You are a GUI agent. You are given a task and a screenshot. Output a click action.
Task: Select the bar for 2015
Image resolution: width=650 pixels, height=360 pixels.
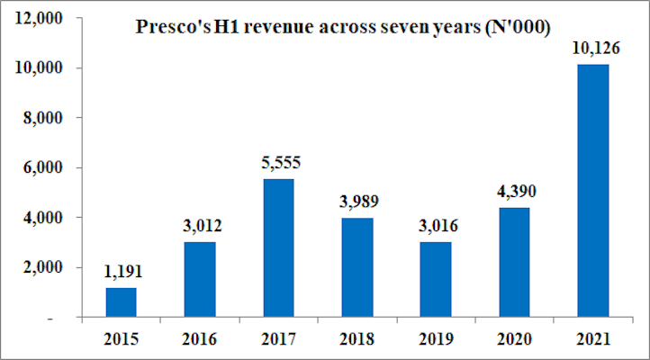[x=122, y=302]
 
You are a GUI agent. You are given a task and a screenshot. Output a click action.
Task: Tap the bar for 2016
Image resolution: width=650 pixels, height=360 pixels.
[x=200, y=280]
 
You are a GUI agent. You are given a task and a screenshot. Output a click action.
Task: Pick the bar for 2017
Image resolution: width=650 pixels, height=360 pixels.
[x=279, y=248]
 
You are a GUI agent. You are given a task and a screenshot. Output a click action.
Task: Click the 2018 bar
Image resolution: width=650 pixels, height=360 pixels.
[x=357, y=267]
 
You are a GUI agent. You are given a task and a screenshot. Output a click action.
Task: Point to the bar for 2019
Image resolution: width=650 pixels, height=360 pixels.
[x=436, y=280]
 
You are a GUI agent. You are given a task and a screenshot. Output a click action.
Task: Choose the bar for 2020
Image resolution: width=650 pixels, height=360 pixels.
[x=515, y=263]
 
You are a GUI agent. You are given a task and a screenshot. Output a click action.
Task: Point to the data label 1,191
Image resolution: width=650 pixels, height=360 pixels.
[x=122, y=271]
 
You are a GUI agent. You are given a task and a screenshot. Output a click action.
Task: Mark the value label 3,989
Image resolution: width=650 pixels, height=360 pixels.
[x=357, y=201]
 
